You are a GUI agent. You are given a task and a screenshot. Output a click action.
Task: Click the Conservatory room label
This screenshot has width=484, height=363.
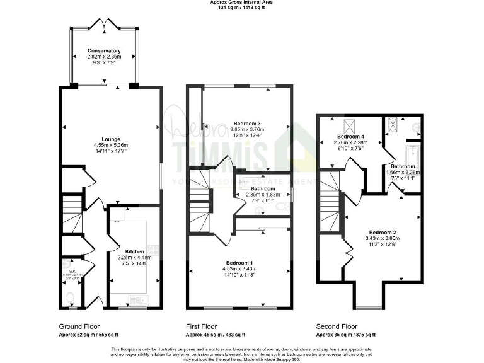(104, 50)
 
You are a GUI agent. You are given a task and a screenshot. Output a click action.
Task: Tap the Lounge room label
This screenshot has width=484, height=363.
(111, 139)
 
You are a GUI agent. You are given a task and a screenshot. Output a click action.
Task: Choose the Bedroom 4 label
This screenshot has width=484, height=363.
(349, 136)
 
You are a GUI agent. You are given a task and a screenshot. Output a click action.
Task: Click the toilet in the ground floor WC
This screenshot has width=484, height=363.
(71, 299)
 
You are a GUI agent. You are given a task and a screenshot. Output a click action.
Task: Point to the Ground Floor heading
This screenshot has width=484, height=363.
(79, 326)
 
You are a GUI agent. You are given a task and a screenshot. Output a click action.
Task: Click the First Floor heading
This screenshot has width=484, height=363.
(202, 326)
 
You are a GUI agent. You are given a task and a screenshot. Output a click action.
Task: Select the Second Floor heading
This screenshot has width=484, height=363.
(337, 326)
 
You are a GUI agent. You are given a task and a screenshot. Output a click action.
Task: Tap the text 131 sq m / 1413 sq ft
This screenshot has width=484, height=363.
(242, 8)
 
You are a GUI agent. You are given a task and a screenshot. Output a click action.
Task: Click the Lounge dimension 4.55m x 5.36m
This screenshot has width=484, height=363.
(111, 146)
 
